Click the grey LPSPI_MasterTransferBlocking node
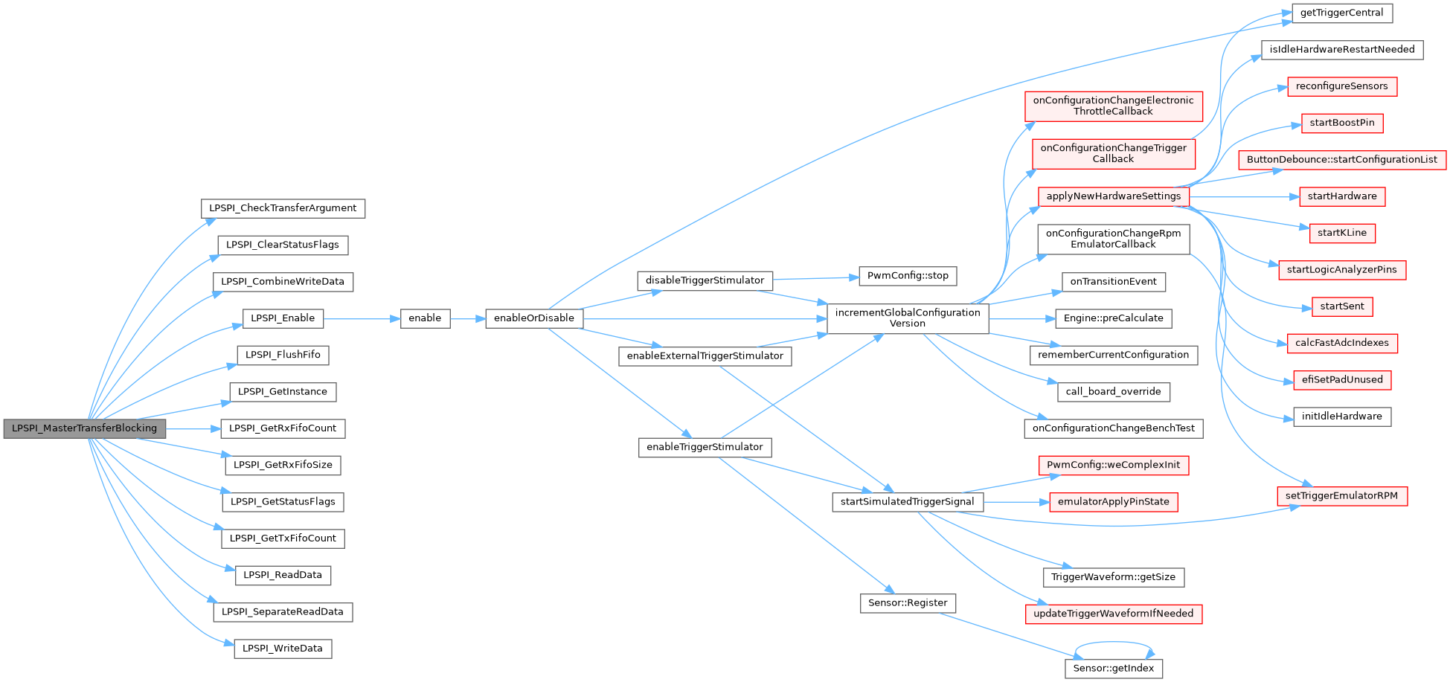[84, 428]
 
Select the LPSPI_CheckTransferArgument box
[283, 208]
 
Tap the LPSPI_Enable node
[283, 318]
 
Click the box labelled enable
[425, 318]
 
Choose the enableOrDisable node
[533, 318]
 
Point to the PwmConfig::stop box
[908, 276]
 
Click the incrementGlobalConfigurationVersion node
[908, 318]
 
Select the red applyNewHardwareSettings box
[1113, 196]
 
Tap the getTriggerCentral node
[1341, 13]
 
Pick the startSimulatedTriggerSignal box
[907, 502]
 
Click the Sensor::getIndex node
[1113, 669]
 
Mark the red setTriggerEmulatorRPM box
[1341, 496]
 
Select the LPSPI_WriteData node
[283, 649]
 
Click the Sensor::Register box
[908, 603]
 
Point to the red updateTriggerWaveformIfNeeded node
[1113, 614]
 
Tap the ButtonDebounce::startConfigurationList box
[1341, 160]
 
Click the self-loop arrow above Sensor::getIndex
[1114, 643]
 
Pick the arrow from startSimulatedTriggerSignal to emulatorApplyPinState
[1016, 502]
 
